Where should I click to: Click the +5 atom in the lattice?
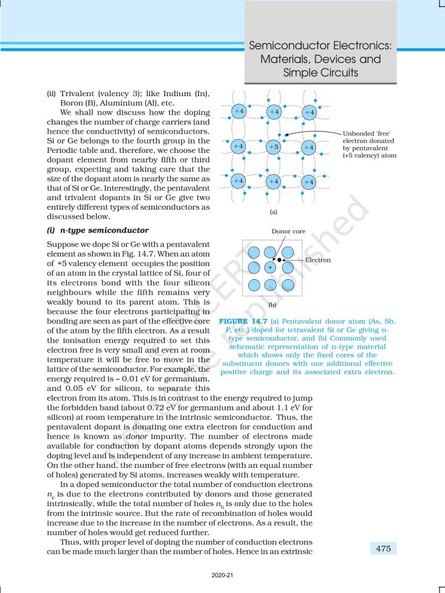[x=274, y=147]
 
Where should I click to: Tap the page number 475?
[x=383, y=548]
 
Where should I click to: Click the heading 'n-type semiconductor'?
[x=100, y=230]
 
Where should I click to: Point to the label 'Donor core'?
[x=289, y=232]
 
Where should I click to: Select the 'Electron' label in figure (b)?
[x=318, y=260]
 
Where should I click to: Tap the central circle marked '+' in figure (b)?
[x=270, y=268]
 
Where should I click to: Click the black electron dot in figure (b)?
[x=279, y=260]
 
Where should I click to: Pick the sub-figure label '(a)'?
[x=274, y=213]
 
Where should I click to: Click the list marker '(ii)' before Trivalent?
[x=53, y=94]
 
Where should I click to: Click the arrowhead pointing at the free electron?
[x=288, y=134]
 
